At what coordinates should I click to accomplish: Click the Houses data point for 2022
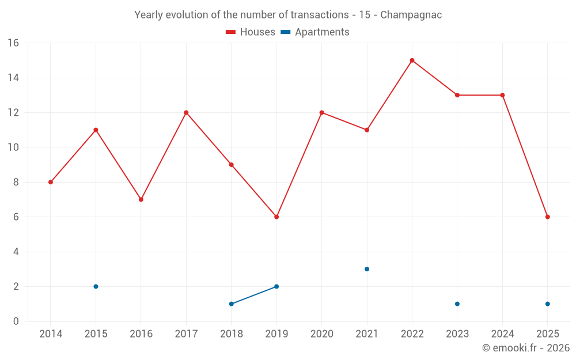pos(412,60)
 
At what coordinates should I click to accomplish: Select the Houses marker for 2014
pos(51,182)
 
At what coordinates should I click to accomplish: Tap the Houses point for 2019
pos(276,217)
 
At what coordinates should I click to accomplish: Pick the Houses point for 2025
pos(548,217)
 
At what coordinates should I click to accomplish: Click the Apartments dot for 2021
pos(367,269)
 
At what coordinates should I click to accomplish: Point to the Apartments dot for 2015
pos(96,286)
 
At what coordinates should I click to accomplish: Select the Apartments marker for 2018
pos(232,304)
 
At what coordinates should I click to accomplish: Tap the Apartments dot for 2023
pos(457,304)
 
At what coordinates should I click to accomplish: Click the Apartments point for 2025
pos(548,304)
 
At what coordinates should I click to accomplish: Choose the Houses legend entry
pos(251,32)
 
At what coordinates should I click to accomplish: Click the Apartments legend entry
pos(315,32)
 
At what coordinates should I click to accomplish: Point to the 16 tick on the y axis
pos(13,43)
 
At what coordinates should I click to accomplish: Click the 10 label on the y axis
pos(13,147)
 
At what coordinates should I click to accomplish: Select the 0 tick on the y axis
pos(16,321)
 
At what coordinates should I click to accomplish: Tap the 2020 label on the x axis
pos(321,334)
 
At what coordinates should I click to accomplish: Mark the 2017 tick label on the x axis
pos(186,334)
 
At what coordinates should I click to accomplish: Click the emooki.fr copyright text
pos(525,348)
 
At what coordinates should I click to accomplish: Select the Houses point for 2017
pos(186,112)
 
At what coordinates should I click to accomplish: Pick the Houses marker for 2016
pos(141,199)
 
